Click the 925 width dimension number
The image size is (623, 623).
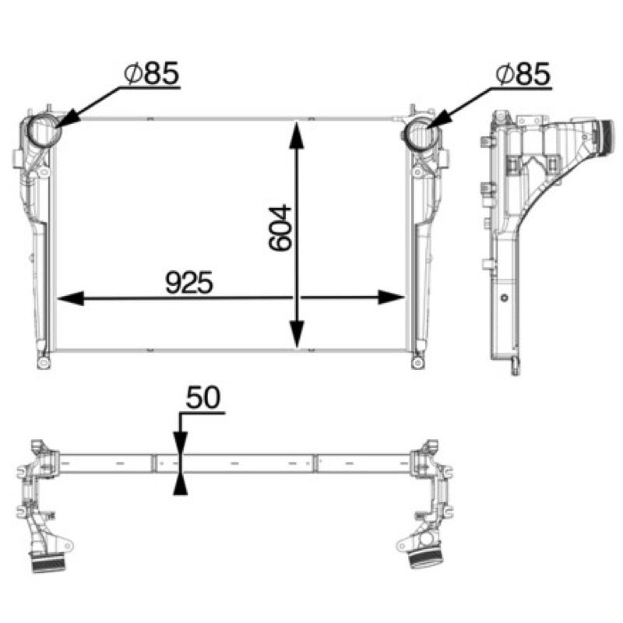[189, 283]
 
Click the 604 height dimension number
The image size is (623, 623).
[280, 227]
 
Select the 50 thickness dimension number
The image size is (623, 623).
[203, 397]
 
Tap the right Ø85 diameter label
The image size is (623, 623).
[523, 74]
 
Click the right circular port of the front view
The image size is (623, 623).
[422, 133]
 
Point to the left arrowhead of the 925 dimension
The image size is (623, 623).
[71, 297]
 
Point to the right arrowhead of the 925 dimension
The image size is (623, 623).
[391, 297]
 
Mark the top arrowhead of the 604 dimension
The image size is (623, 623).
[297, 135]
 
